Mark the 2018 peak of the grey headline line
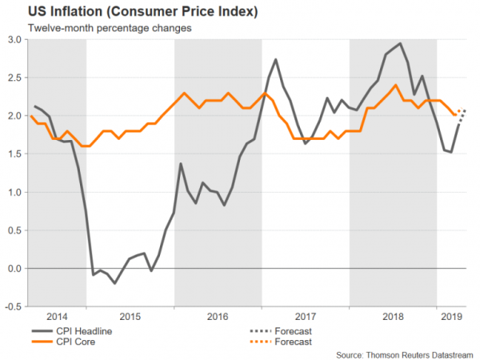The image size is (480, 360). [x=400, y=43]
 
